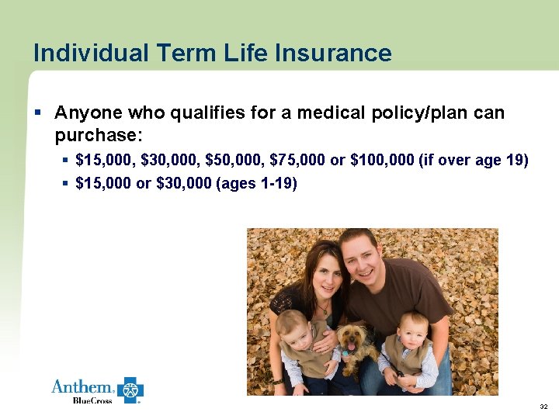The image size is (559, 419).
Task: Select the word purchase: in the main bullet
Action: coord(99,136)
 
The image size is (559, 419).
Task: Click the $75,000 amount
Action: coord(298,161)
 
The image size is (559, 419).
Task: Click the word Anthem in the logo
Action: coord(82,386)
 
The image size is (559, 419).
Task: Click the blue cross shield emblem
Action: coord(130,390)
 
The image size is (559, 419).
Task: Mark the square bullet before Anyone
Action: coord(37,113)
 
